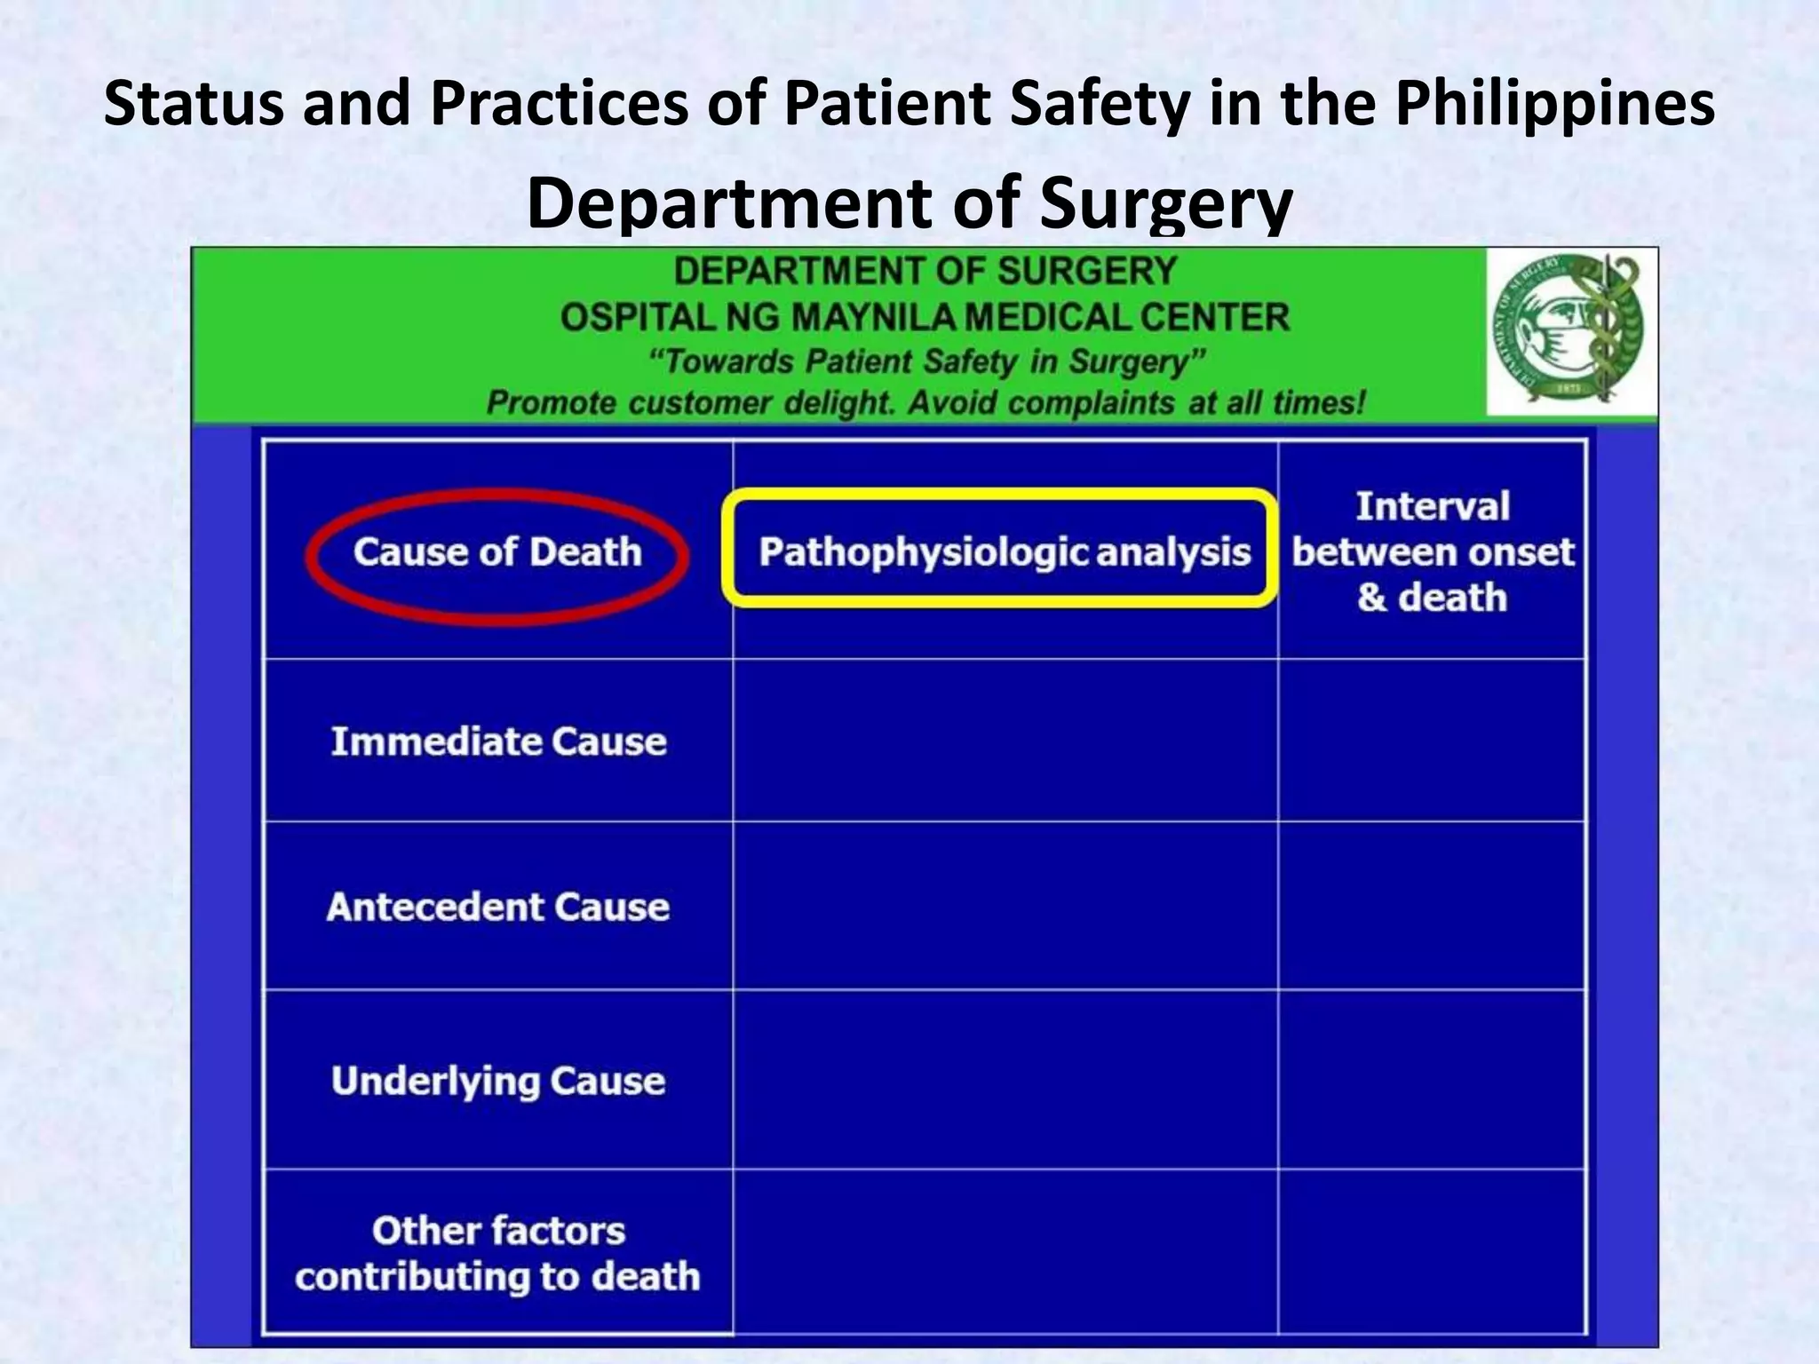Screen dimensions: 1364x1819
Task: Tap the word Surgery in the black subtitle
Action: pos(1165,202)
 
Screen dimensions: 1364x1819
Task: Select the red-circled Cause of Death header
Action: pos(497,552)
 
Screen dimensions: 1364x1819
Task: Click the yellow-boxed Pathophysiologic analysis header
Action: pos(1004,552)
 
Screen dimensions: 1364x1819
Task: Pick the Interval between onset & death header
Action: pos(1432,552)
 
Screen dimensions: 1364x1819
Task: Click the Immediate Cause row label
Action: pos(498,741)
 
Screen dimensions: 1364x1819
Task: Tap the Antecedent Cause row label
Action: pos(498,907)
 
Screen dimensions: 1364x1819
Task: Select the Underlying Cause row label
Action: pos(498,1081)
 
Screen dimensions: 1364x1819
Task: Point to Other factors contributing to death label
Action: pos(498,1253)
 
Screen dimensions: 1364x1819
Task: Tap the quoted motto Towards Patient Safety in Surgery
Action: pos(926,361)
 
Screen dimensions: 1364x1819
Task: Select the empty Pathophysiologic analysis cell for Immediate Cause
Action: pos(1005,741)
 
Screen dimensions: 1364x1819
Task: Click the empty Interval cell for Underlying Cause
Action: pos(1432,1080)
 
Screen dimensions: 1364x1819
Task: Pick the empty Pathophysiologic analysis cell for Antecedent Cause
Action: pos(1005,906)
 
